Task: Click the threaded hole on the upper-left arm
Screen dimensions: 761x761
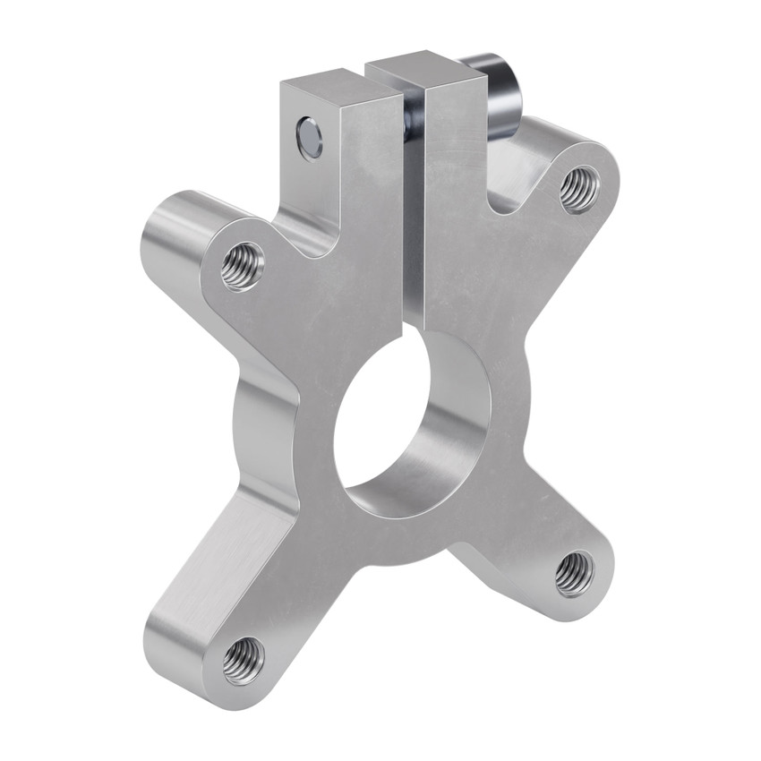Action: [242, 266]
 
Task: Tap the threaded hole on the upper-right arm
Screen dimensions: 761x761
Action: [579, 189]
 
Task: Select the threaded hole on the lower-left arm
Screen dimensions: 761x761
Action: [243, 661]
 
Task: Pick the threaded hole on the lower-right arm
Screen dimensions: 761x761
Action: [574, 573]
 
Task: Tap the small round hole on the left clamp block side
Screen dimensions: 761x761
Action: [309, 138]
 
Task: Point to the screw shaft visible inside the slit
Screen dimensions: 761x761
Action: [412, 121]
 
